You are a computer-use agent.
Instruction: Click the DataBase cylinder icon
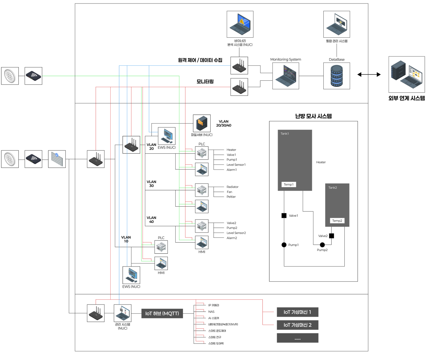[336, 76]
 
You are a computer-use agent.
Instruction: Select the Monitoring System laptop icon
[286, 76]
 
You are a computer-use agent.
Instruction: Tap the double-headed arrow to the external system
[369, 74]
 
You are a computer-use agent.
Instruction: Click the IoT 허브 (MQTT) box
[162, 314]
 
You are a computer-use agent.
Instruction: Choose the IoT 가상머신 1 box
[297, 312]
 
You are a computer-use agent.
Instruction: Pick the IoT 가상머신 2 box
[297, 325]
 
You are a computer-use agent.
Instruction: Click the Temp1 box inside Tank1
[288, 184]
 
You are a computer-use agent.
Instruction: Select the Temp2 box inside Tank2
[337, 221]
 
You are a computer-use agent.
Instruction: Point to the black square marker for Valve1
[284, 216]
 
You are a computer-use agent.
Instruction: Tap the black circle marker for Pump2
[322, 245]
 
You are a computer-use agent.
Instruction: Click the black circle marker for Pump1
[284, 245]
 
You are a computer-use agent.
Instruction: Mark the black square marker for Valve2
[332, 236]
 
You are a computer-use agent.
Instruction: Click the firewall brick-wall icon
[57, 159]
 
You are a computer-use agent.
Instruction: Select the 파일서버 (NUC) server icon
[202, 124]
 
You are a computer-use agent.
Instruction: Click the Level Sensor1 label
[236, 165]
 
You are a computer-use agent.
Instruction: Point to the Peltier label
[231, 197]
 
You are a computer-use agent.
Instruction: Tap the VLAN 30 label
[151, 184]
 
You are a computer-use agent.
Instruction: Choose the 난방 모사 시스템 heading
[313, 116]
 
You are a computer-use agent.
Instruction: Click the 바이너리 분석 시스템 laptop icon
[240, 24]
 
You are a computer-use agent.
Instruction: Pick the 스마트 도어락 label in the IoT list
[216, 343]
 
